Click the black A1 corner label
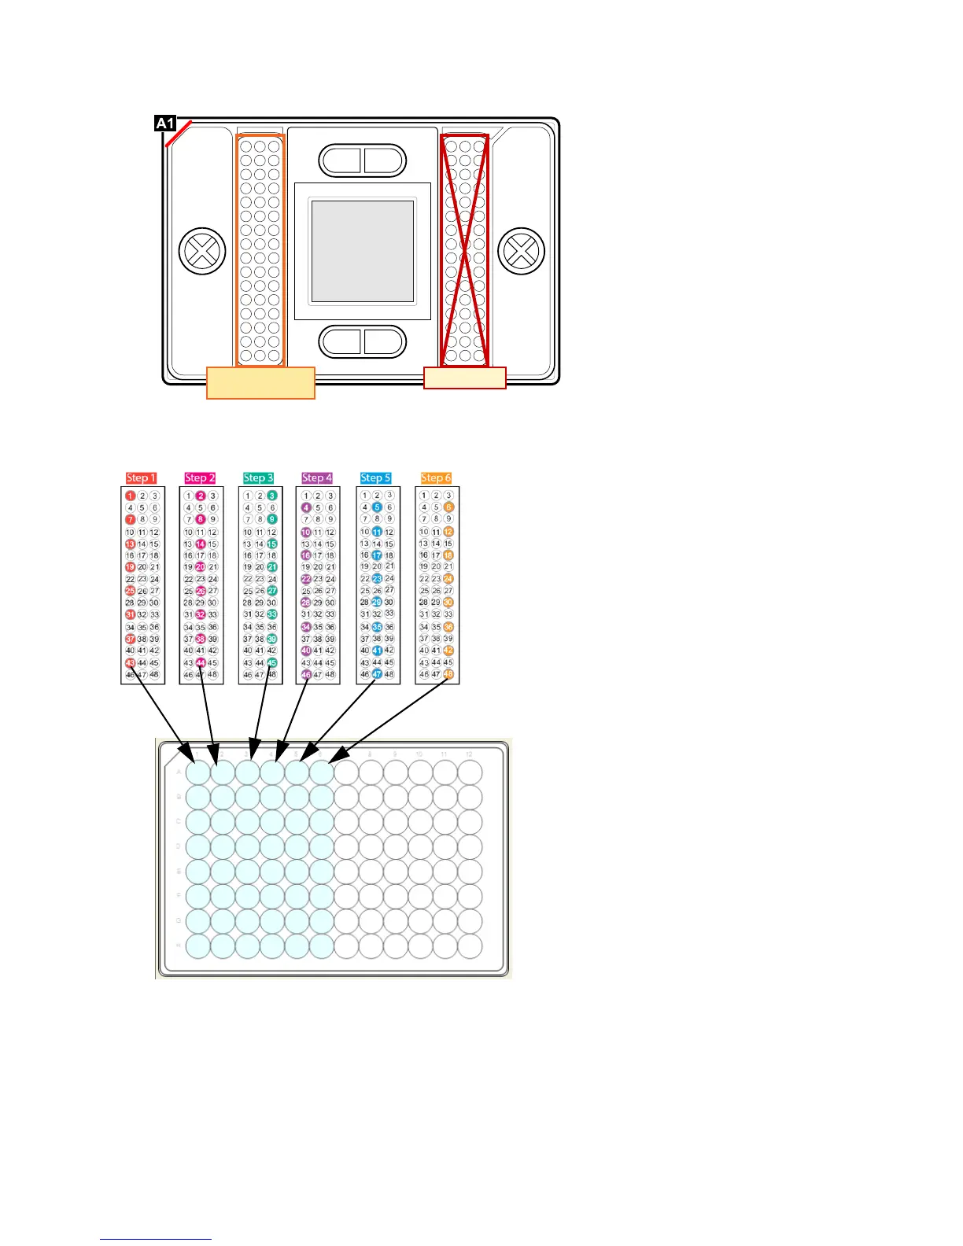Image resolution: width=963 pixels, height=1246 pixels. click(164, 123)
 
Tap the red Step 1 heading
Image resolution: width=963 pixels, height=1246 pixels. click(142, 477)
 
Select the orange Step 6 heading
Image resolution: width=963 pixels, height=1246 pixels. click(436, 477)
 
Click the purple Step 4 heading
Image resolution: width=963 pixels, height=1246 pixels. click(317, 477)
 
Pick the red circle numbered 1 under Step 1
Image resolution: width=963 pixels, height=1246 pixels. click(131, 496)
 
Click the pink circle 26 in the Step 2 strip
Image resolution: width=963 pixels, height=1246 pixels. click(201, 591)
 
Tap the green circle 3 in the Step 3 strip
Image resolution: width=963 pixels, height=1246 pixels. click(272, 496)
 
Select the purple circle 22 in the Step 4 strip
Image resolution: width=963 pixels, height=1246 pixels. click(306, 579)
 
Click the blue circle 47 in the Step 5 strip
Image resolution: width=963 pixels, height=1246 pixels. click(377, 674)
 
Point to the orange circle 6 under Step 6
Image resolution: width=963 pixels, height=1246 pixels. click(448, 507)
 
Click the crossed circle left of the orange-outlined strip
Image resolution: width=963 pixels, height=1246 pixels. click(202, 252)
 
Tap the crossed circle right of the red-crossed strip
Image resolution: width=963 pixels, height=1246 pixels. click(522, 252)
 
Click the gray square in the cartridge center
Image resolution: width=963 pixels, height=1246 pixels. click(363, 252)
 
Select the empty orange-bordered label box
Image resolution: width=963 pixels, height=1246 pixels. click(260, 383)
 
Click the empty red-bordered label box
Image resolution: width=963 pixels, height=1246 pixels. click(464, 378)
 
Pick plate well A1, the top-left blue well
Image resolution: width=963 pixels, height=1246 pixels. click(198, 772)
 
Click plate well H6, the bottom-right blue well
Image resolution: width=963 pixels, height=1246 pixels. click(321, 946)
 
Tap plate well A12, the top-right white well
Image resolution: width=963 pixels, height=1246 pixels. click(470, 772)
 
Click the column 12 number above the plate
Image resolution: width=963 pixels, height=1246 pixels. click(469, 754)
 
